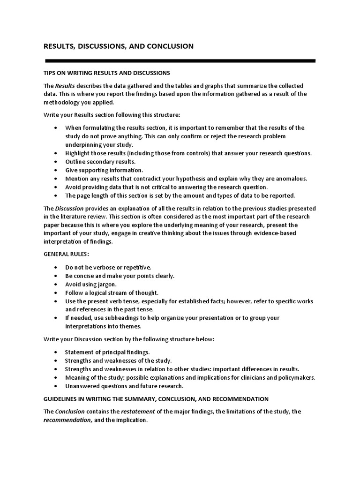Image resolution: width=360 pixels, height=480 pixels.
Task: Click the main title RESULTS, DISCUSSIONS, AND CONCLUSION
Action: (x=118, y=46)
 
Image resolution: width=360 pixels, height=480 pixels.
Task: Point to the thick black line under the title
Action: (x=180, y=61)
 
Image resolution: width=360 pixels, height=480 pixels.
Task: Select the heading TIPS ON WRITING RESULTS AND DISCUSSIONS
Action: (x=106, y=73)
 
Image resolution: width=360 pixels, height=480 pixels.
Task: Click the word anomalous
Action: (x=290, y=178)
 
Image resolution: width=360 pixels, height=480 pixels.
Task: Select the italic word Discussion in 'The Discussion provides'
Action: (x=69, y=208)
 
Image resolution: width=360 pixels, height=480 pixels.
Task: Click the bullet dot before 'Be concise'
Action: (x=56, y=276)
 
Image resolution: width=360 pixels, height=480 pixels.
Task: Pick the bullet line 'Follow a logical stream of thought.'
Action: (x=112, y=292)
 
